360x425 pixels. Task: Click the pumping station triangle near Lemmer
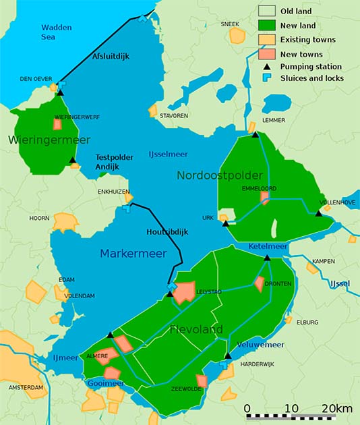(255, 135)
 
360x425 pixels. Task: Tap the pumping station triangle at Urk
(225, 223)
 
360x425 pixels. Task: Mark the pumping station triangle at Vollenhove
(318, 214)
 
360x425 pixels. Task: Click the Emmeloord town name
(259, 189)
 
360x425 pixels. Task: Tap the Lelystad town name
(208, 291)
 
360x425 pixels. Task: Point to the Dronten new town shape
(260, 284)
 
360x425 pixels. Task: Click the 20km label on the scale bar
(337, 409)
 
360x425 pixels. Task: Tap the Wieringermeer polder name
(40, 140)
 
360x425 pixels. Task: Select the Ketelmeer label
(268, 247)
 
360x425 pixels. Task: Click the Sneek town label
(230, 24)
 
